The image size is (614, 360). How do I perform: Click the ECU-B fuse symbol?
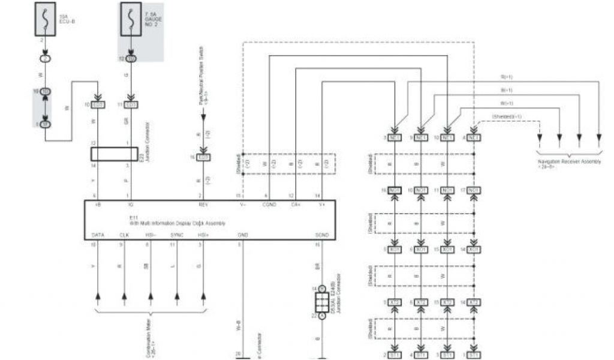click(45, 19)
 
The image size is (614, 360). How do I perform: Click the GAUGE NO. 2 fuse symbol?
click(131, 19)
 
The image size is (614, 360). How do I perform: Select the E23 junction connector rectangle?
click(114, 153)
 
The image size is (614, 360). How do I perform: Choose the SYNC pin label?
click(177, 235)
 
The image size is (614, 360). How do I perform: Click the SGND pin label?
click(321, 235)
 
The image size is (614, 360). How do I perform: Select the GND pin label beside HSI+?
click(243, 235)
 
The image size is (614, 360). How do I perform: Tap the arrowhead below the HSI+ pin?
click(203, 296)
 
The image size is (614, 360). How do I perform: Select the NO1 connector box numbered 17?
click(474, 190)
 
